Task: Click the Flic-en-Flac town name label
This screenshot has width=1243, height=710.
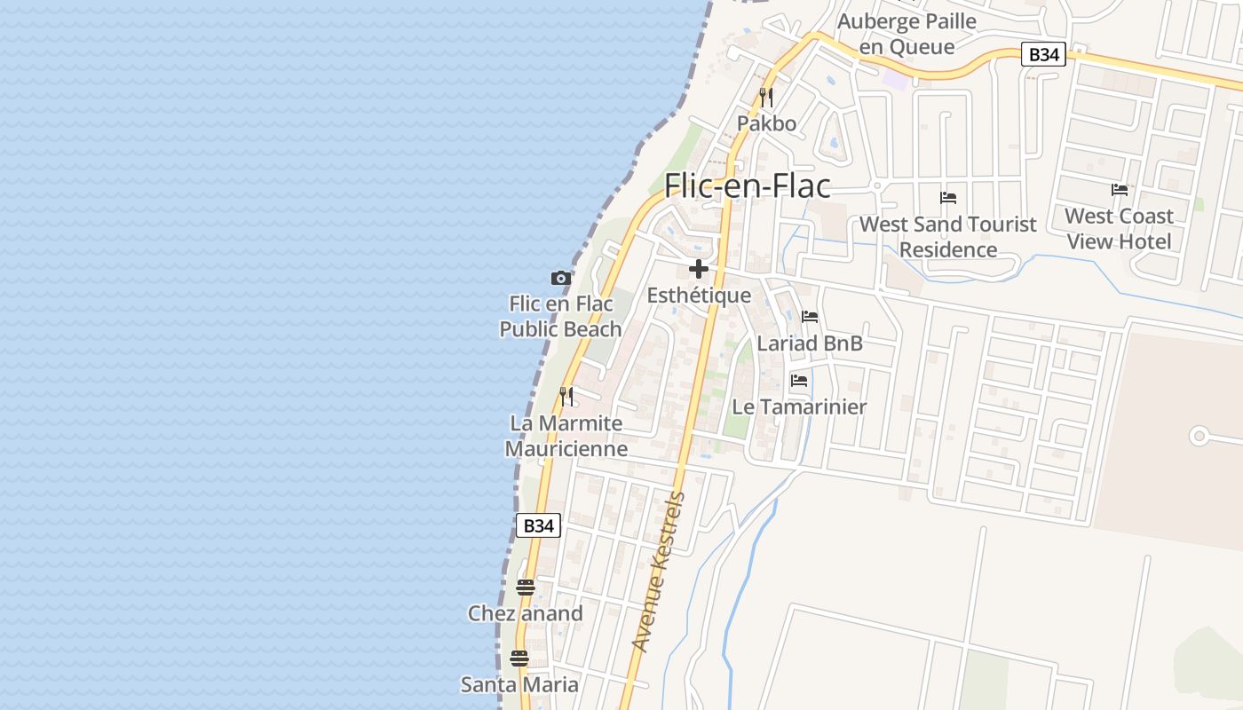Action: tap(748, 185)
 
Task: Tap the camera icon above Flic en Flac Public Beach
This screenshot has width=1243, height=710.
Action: tap(560, 279)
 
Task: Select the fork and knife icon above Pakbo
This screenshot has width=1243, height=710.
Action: tap(766, 98)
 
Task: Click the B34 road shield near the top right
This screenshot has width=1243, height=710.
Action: tap(1043, 55)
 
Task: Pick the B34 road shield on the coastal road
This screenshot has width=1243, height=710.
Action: tap(538, 525)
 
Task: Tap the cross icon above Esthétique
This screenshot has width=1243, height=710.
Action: tap(699, 269)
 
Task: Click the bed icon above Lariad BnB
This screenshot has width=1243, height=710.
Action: tap(810, 317)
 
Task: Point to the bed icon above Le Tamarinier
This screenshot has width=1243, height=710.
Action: tap(799, 381)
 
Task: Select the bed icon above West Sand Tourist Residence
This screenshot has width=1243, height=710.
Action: tap(948, 198)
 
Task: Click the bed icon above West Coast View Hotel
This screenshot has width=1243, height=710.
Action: tap(1120, 190)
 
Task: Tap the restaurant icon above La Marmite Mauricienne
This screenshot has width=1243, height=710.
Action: tap(566, 397)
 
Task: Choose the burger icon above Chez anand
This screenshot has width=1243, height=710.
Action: tap(526, 588)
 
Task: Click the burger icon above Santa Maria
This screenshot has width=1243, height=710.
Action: tap(519, 659)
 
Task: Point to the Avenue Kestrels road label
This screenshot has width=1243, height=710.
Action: tap(659, 572)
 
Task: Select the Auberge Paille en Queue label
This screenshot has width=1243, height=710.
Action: tap(907, 34)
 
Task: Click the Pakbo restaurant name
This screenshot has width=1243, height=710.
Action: tap(767, 123)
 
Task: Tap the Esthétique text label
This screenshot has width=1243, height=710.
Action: tap(699, 296)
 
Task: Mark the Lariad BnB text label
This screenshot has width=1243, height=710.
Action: tap(810, 343)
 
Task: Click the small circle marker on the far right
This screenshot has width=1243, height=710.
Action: tap(1199, 436)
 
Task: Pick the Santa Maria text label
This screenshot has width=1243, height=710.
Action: tap(519, 684)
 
